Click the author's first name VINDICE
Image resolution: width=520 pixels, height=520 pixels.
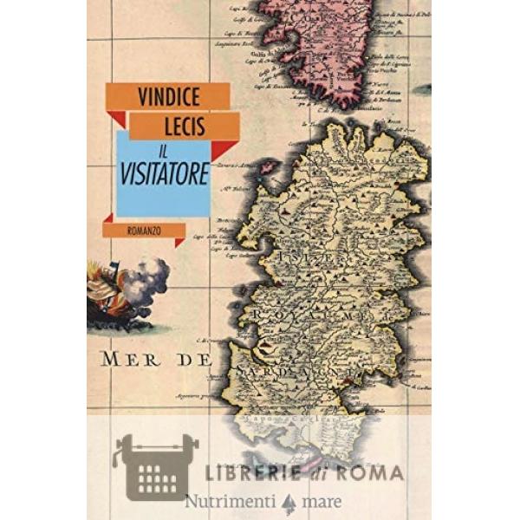[x=167, y=96]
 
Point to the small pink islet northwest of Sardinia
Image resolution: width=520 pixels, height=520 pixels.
[x=268, y=166]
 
